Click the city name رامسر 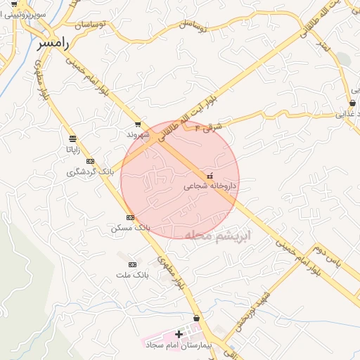[53, 44]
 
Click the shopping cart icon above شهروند [138, 123]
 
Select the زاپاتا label [72, 149]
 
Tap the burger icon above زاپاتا [72, 139]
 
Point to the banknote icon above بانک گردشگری [89, 161]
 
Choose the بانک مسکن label [131, 229]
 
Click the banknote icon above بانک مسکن [131, 217]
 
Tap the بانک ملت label [131, 275]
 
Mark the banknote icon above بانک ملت [131, 264]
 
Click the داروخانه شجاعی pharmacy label [210, 186]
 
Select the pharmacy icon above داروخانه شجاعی [210, 175]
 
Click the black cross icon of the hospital [179, 335]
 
